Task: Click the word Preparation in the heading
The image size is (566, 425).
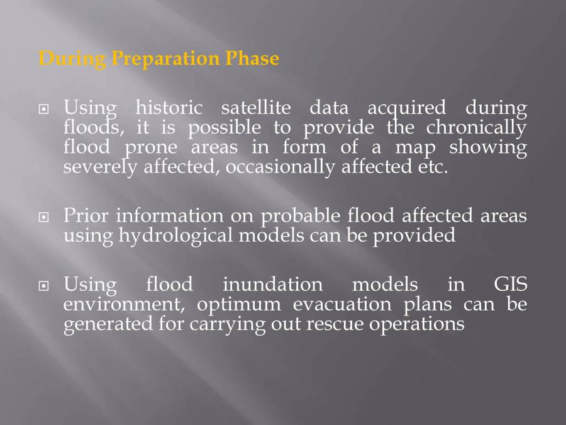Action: click(x=165, y=59)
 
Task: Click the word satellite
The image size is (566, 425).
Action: click(x=256, y=108)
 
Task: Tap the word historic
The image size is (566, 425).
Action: click(x=169, y=108)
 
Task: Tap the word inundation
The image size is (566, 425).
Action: click(x=272, y=285)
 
